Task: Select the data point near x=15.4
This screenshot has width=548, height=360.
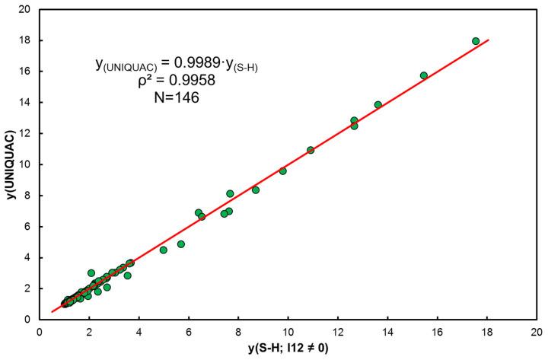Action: (x=424, y=75)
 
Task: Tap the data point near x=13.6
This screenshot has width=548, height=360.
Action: (x=378, y=105)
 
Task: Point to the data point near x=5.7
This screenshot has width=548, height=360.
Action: (x=181, y=244)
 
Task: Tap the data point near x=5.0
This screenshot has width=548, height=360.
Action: (x=164, y=250)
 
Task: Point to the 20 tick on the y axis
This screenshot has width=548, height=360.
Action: (x=26, y=9)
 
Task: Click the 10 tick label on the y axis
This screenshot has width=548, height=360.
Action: (x=26, y=164)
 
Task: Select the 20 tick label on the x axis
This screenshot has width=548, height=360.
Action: (x=537, y=332)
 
